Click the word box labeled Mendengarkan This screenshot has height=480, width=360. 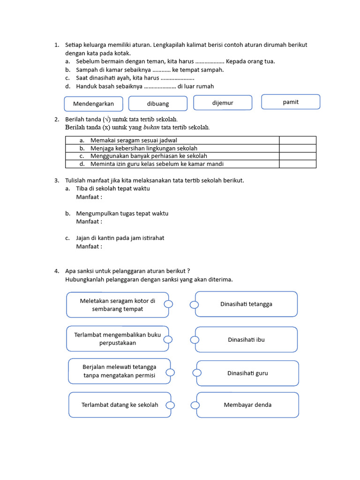pos(93,104)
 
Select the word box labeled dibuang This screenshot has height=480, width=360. pos(158,104)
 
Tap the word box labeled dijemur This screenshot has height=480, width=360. pos(223,103)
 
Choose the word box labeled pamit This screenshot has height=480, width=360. pos(291,102)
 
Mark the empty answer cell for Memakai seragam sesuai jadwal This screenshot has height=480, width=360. pos(298,140)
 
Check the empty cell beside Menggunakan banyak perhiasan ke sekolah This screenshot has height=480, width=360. pos(298,156)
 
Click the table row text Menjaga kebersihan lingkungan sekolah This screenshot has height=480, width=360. pos(144,148)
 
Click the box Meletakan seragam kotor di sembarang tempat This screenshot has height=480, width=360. pos(118,305)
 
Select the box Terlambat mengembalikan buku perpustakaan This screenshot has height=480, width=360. pos(118,339)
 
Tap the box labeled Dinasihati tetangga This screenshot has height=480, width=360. pos(246,304)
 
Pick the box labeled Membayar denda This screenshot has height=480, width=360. pos(247,405)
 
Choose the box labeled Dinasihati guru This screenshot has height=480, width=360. pos(247,373)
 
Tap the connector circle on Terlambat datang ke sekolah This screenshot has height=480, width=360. pos(170,405)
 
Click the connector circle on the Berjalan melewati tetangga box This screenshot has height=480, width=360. pos(170,372)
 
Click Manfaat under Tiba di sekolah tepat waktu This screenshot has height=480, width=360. pos(89,197)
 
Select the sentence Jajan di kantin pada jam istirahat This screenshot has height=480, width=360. pos(120,238)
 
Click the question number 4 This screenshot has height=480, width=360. pos(56,271)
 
